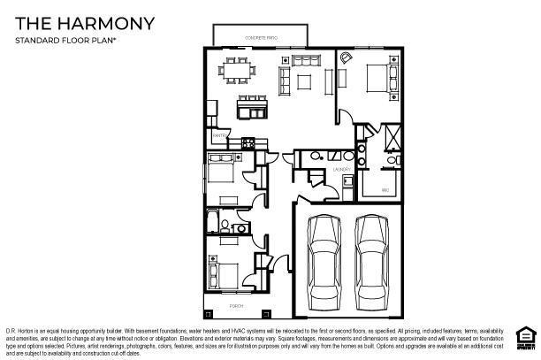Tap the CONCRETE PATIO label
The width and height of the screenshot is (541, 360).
260,38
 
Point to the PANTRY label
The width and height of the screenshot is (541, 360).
217,135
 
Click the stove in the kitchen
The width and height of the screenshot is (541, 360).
248,142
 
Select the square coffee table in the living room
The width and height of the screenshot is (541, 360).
303,82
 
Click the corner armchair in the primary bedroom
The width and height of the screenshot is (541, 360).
346,59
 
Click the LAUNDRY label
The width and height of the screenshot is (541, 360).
341,168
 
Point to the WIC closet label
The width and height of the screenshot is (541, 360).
385,190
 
